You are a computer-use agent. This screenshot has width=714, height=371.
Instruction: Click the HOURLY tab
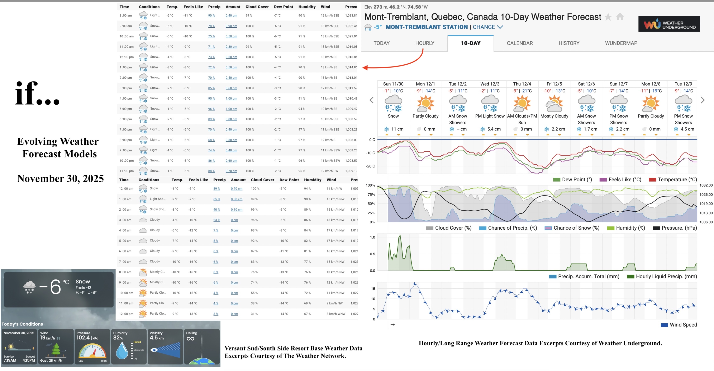tap(425, 43)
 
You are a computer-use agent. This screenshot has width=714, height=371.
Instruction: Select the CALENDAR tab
tap(520, 43)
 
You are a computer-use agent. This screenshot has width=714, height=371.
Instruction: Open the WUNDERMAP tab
tap(621, 43)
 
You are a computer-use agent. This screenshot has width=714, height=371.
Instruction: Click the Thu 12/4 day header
tap(522, 84)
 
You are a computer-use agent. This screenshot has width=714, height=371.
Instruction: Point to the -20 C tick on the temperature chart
tap(371, 166)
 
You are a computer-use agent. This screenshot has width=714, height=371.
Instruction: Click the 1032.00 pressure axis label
tap(706, 185)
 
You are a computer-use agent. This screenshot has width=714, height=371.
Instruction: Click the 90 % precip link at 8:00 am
tap(211, 15)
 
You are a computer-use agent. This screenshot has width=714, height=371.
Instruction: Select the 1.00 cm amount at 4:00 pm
tap(231, 99)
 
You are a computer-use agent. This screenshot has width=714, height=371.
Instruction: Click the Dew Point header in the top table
tap(283, 7)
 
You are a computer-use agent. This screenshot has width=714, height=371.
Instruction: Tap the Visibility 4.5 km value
tap(157, 338)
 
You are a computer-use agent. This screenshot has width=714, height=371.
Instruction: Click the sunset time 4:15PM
tap(29, 361)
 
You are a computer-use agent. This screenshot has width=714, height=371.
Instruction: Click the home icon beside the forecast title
tap(620, 17)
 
